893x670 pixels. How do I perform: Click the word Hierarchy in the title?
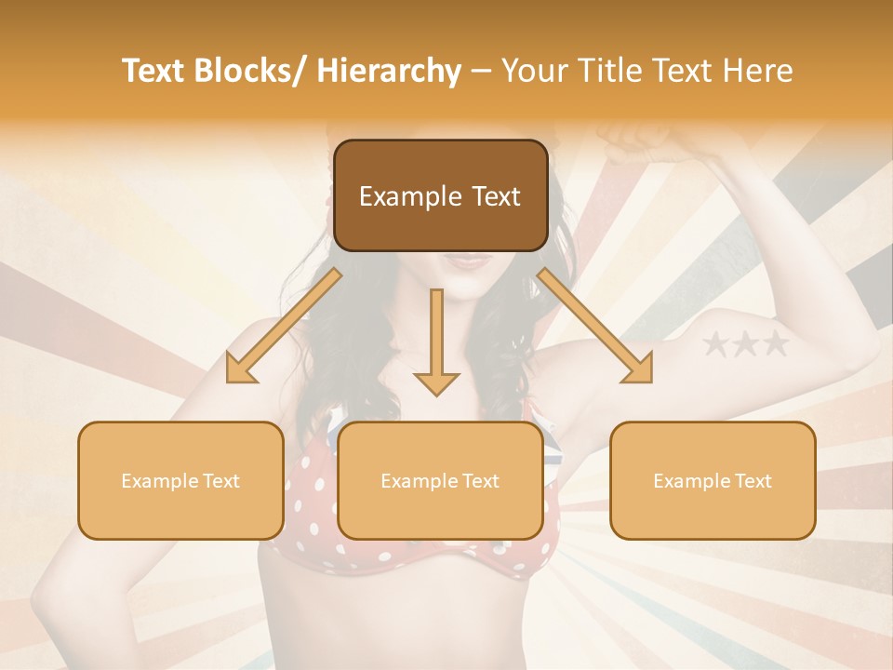(388, 72)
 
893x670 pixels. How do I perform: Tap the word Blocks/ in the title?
(254, 72)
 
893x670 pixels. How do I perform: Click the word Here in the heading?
(760, 72)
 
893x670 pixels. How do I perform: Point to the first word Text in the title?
(155, 72)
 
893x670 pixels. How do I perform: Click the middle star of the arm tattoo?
(745, 345)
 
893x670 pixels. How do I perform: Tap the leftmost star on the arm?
(716, 345)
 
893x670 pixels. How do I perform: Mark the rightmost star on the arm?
(774, 345)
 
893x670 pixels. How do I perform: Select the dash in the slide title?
(482, 72)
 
